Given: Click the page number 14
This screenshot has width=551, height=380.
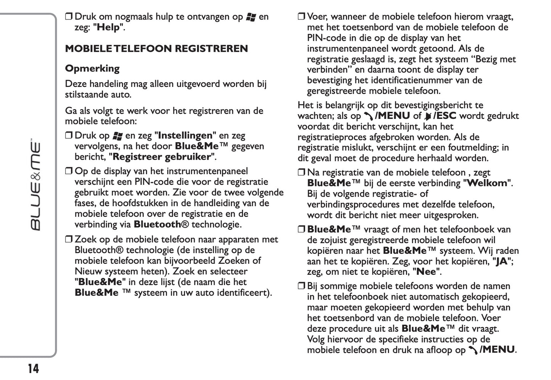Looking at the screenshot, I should point(33,369).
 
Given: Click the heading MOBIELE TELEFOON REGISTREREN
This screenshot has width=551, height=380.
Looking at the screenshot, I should point(156,49).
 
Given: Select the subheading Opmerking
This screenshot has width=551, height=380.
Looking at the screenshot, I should point(92,69).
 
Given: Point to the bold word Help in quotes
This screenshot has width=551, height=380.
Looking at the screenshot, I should point(109,27).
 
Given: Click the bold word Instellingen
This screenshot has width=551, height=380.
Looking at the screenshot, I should point(185,136).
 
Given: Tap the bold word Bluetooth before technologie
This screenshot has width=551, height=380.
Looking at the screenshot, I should point(157,224).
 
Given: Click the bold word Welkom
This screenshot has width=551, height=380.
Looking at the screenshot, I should point(487,183).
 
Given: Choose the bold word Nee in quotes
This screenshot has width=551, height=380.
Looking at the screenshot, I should point(426,272).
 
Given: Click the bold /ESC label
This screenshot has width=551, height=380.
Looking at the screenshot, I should point(445,116).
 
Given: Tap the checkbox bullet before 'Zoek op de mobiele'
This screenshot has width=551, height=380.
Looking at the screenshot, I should point(69,240).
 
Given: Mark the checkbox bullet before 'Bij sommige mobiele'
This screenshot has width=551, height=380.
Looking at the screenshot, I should point(301,286).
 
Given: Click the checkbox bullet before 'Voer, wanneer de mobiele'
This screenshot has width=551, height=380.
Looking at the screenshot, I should point(301,17).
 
